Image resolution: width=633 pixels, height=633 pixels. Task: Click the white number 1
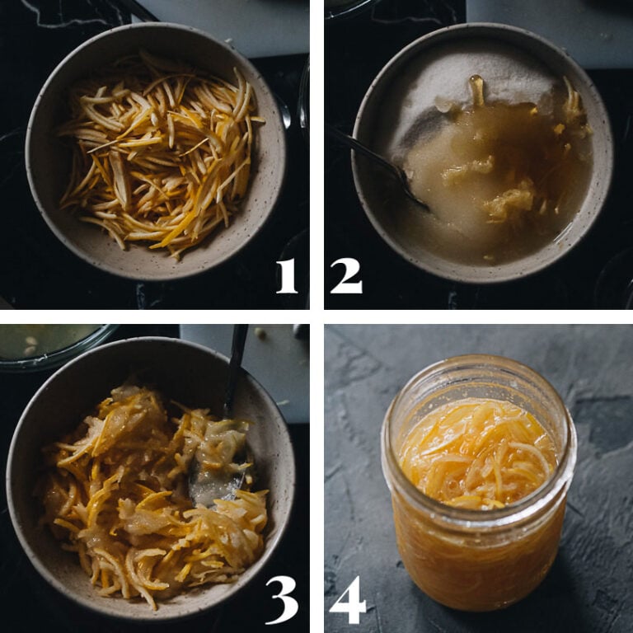(x=286, y=274)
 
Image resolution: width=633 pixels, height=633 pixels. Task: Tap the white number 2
(x=345, y=274)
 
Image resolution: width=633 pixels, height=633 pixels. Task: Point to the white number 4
(x=347, y=599)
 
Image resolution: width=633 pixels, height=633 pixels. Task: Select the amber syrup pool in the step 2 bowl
(x=495, y=165)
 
